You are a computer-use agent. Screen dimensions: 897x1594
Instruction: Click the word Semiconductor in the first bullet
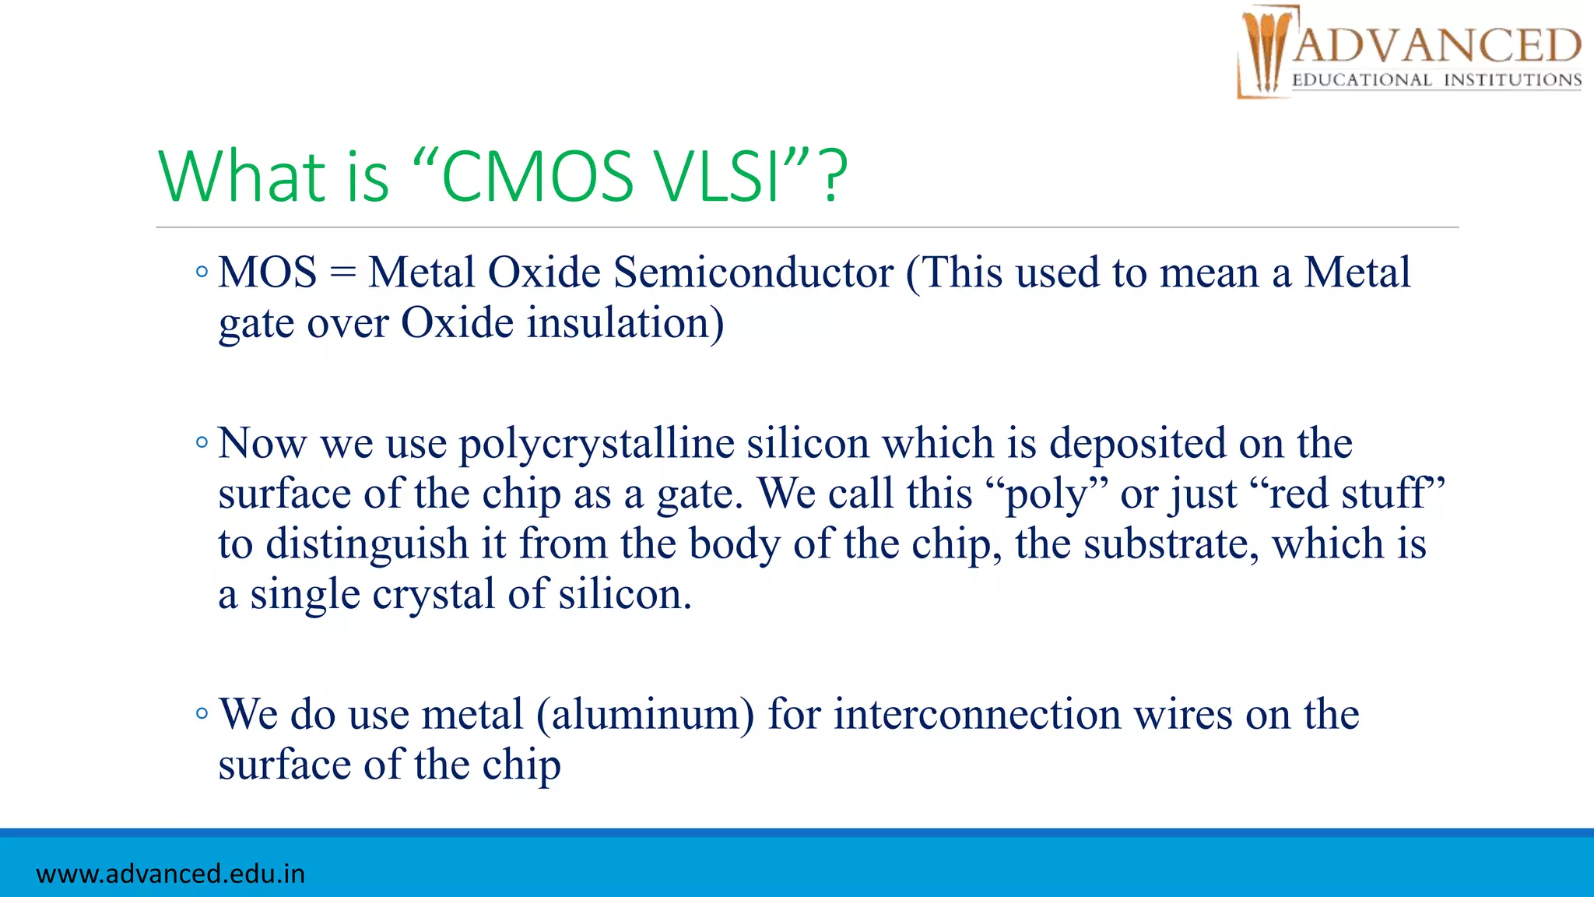[x=753, y=273]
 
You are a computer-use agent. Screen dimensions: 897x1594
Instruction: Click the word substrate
[x=1171, y=544]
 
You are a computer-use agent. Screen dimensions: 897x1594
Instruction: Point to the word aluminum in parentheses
[x=645, y=715]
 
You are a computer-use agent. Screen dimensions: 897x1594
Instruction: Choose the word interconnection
[x=977, y=715]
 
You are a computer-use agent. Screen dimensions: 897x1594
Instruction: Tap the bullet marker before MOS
[x=202, y=273]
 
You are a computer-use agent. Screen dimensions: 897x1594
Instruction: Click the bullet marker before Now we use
[x=202, y=443]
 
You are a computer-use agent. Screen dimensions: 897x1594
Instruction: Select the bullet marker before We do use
[x=202, y=713]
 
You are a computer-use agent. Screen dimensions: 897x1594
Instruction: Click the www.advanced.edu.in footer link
[x=170, y=874]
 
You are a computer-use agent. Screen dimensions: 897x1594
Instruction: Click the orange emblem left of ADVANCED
[x=1266, y=51]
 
